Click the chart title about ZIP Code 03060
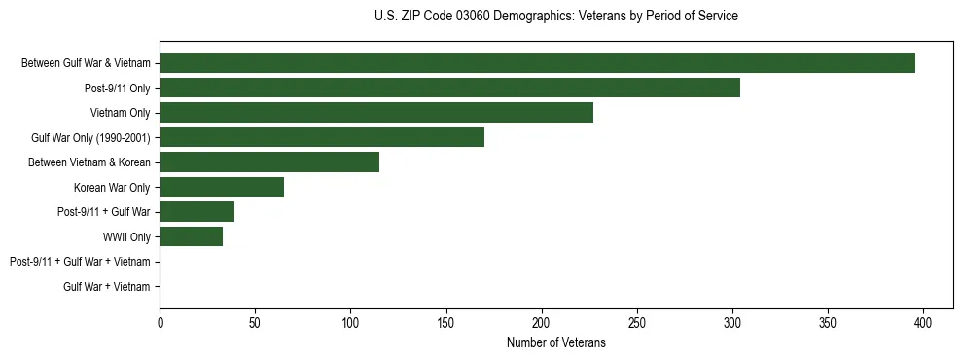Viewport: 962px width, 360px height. (x=555, y=17)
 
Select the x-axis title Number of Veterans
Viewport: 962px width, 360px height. (x=555, y=342)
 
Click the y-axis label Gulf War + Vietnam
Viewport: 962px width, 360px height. (x=107, y=287)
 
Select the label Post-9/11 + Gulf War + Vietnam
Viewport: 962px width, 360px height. (x=80, y=262)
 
